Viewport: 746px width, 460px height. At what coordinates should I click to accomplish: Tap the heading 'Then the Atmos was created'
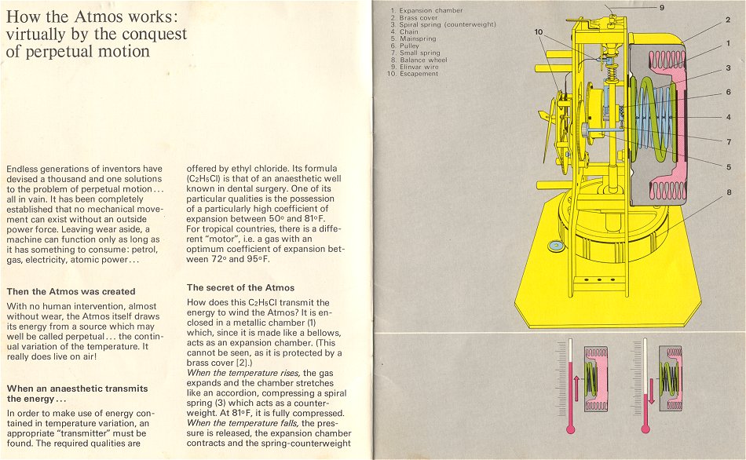coord(71,291)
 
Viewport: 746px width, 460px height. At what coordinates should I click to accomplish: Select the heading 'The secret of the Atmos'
coord(240,287)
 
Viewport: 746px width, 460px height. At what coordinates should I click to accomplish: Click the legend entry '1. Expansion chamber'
coord(426,10)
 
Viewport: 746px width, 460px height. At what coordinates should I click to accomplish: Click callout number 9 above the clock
coord(661,7)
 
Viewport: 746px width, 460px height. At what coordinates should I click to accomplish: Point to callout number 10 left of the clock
coord(538,32)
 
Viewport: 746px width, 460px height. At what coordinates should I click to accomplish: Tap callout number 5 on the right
coord(728,167)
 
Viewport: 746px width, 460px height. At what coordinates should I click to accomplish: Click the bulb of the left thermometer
coord(571,429)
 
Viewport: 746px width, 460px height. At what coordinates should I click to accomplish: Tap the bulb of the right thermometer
coord(645,429)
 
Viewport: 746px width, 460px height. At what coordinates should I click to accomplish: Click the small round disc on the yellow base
coord(557,246)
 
